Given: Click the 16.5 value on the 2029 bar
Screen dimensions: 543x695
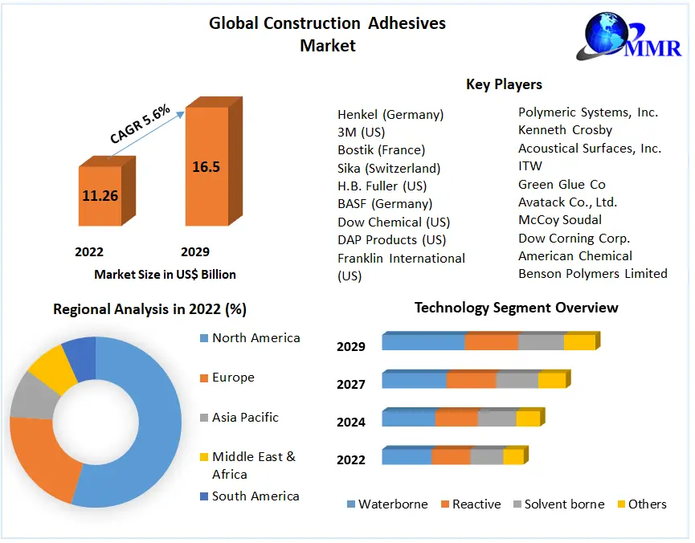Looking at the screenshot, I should [206, 167].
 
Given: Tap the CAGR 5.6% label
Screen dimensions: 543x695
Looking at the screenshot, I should [140, 126].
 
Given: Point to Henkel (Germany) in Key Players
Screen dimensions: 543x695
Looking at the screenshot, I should [390, 115].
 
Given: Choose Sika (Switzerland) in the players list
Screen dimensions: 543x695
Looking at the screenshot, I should [389, 169].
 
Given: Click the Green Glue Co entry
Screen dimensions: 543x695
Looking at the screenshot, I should [562, 185].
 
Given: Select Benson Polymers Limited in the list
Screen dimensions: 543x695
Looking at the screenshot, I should [592, 274].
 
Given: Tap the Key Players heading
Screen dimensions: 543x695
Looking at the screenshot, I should [504, 84].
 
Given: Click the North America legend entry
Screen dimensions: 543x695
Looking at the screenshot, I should [256, 338].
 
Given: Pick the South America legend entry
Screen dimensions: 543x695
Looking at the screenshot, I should [255, 496].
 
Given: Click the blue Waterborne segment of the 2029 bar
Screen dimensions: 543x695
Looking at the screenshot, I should [423, 342].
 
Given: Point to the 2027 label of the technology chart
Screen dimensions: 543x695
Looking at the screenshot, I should [351, 385].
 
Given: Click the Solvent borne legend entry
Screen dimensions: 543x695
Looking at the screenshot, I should [563, 504].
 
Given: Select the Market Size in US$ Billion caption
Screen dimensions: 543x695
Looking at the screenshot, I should [165, 275].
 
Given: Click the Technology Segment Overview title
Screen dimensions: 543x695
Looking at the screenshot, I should [516, 308].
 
